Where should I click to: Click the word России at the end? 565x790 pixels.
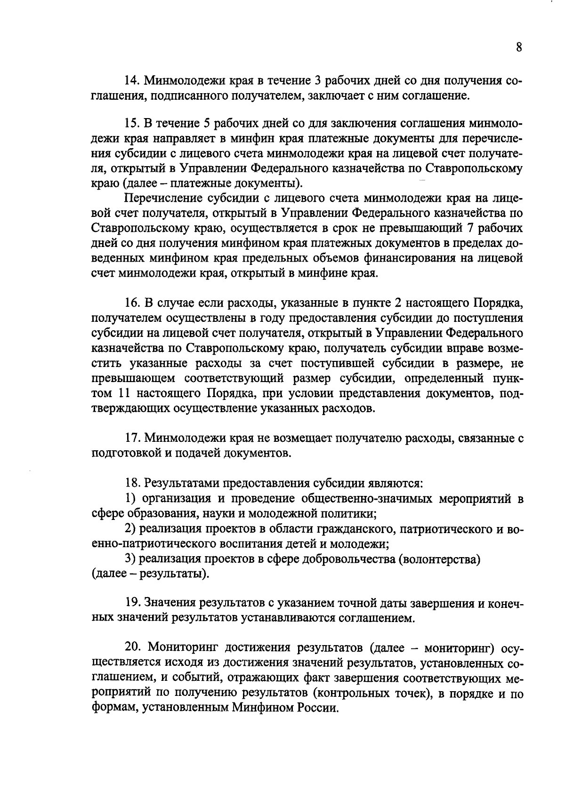coord(318,709)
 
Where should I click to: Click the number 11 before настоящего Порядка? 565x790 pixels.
coord(119,393)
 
